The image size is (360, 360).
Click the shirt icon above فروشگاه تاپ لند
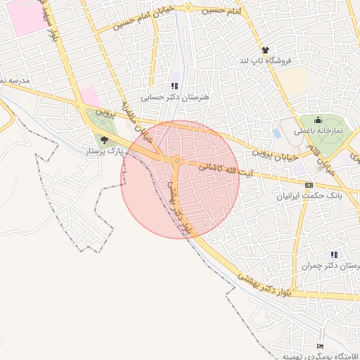[x=265, y=50]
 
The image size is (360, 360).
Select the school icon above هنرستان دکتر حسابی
[x=175, y=86]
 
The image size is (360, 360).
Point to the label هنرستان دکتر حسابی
[x=175, y=98]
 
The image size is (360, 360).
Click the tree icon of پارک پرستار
[x=104, y=140]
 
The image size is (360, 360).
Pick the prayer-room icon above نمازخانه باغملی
[x=318, y=120]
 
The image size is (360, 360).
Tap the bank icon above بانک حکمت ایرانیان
[x=309, y=186]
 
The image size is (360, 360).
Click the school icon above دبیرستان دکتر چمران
[x=334, y=255]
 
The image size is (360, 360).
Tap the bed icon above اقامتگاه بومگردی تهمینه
[x=321, y=347]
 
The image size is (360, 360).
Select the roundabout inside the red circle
[x=177, y=162]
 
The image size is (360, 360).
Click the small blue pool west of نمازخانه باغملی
[x=276, y=132]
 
